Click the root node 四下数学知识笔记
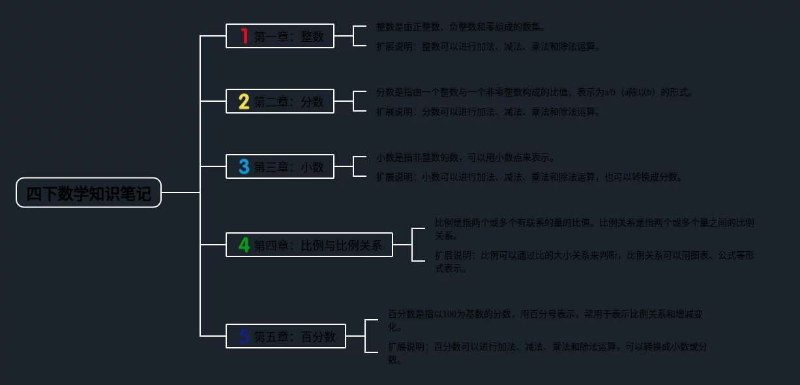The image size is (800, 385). point(89,193)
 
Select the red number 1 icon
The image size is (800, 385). point(244,37)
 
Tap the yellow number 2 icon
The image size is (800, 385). point(244,102)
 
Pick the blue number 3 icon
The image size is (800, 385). point(244,167)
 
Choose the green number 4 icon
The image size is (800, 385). point(244,245)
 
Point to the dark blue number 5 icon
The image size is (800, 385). point(244,337)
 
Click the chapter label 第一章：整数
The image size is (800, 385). point(289,37)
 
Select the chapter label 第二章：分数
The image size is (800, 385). point(289,102)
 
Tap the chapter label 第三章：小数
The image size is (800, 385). point(289,167)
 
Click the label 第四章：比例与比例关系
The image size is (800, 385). point(318,245)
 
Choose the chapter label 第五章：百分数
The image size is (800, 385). point(295,337)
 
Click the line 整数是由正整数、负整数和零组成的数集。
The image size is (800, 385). point(461,27)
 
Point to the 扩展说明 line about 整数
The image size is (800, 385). point(488,47)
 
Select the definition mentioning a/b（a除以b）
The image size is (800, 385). point(535,93)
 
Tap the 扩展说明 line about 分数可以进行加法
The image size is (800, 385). point(488,112)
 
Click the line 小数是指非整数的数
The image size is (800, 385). point(466,158)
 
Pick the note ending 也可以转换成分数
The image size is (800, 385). point(529,177)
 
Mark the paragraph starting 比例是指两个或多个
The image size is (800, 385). point(594,229)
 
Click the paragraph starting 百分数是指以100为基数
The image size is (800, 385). point(546,320)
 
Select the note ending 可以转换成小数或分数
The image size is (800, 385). point(547,353)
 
